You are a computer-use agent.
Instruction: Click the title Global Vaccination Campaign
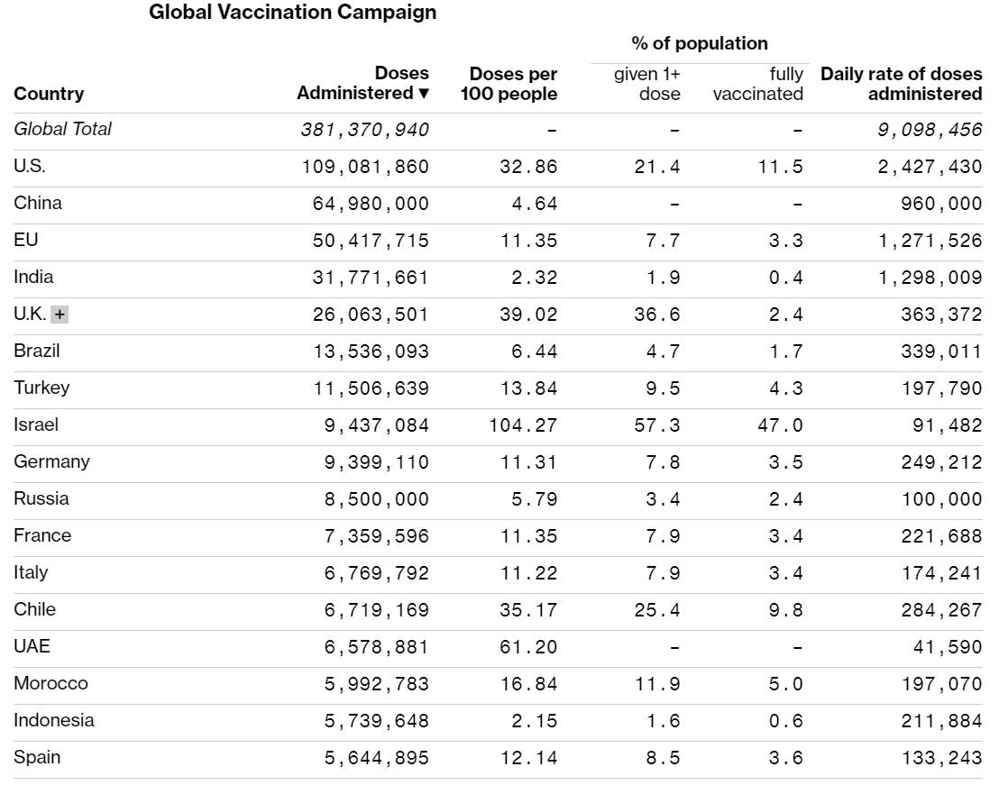coord(292,13)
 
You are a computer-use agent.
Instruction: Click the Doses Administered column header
coord(363,83)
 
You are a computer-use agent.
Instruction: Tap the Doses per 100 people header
coord(509,83)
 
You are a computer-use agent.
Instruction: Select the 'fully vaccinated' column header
coord(757,83)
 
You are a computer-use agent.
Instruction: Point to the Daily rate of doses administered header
coord(901,83)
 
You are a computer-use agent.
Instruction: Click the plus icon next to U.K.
coord(60,315)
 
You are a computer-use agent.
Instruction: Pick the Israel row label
coord(36,424)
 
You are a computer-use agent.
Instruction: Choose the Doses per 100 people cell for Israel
coord(524,425)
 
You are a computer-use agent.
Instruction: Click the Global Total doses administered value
coord(365,130)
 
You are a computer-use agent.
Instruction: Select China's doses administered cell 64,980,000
coord(371,204)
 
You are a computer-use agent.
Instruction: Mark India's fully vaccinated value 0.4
coord(786,278)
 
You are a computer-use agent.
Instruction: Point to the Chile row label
coord(34,609)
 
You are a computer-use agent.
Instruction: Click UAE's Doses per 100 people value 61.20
coord(529,647)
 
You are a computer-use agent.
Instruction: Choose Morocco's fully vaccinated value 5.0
coord(786,684)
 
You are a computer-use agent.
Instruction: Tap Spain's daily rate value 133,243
coord(941,758)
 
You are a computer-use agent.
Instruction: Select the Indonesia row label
coord(53,720)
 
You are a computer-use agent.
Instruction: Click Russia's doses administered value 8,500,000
coord(377,499)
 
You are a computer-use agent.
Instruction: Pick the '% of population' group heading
coord(700,43)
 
